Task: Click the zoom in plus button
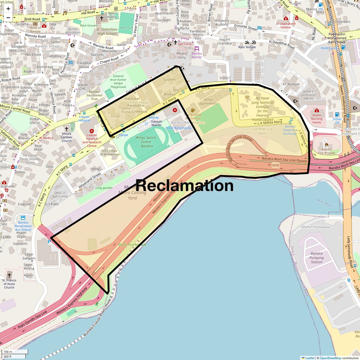click(8, 9)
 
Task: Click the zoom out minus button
click(8, 18)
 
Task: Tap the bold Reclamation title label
click(184, 185)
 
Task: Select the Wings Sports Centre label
click(146, 142)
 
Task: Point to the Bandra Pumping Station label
click(316, 258)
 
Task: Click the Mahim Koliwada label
click(315, 227)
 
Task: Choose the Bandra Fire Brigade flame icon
click(327, 144)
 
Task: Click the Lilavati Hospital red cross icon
click(92, 131)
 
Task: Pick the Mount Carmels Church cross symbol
click(67, 129)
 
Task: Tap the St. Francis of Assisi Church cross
click(9, 275)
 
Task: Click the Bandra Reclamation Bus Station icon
click(23, 218)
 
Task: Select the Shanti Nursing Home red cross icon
click(316, 111)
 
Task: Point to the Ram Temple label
click(247, 47)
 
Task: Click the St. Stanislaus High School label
click(107, 31)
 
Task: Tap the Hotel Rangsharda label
click(178, 128)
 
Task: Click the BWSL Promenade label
click(132, 245)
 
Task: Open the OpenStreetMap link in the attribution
click(330, 358)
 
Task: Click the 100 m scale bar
click(15, 352)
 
